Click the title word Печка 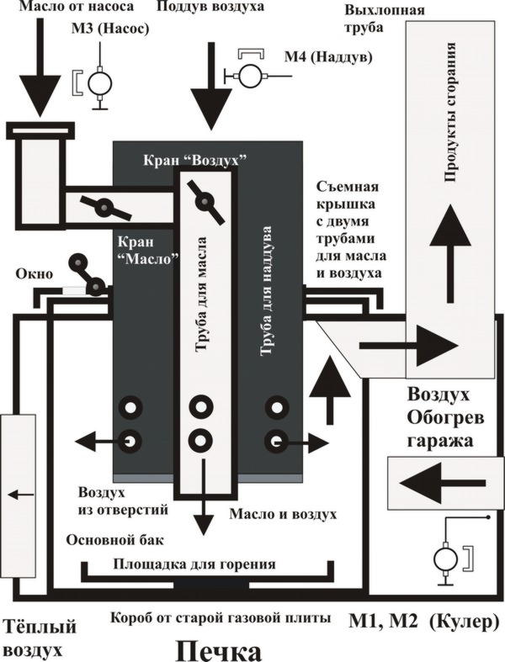point(220,649)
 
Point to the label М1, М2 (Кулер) point(423,622)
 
